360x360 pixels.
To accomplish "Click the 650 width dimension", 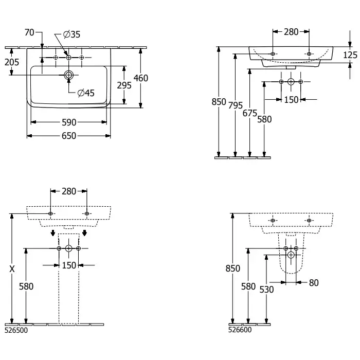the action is tap(69, 136).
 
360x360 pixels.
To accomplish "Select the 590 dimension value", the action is tap(69, 122).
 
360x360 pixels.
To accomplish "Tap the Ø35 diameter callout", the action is tap(71, 34).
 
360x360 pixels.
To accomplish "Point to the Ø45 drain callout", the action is tap(86, 93).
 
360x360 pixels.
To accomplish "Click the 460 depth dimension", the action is tap(141, 78).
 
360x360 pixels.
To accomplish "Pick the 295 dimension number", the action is tap(124, 85).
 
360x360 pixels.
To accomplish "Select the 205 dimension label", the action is tap(12, 62).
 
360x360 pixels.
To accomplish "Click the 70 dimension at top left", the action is tap(29, 32).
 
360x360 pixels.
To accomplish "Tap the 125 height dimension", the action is tap(350, 55).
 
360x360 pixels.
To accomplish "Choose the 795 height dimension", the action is tap(236, 105).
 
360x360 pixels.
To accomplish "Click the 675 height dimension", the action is tap(250, 113).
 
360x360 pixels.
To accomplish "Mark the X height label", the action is tap(12, 269).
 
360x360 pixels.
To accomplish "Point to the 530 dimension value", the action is tap(266, 290).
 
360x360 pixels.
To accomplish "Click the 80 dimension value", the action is tap(314, 283).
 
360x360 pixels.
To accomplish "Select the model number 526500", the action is tap(16, 330).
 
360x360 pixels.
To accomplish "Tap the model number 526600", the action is tap(240, 330).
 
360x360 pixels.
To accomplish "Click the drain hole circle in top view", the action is tap(68, 75).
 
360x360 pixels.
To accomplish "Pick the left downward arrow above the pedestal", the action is tap(53, 233).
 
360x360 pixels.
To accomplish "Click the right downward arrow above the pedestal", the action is tap(84, 233).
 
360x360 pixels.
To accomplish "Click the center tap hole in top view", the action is tap(68, 58).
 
